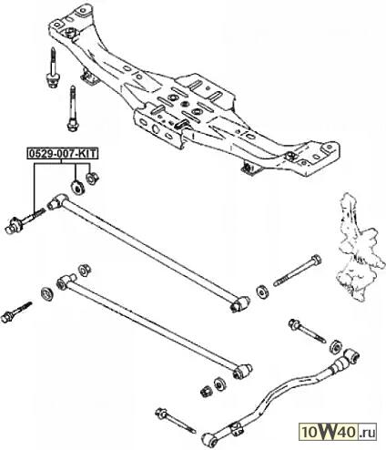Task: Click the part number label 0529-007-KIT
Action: click(63, 154)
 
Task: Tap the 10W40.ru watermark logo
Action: click(338, 432)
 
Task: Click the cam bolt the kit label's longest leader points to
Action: click(25, 220)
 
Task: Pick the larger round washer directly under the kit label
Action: click(77, 187)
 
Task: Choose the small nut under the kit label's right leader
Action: click(92, 179)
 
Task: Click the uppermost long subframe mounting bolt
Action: click(53, 68)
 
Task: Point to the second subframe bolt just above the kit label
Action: click(72, 108)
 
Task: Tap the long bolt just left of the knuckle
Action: click(298, 271)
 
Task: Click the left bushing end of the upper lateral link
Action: click(57, 201)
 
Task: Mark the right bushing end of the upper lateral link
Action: click(239, 303)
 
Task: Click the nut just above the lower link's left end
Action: click(85, 271)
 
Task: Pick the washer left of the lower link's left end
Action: click(47, 294)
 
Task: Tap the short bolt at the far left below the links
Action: click(16, 312)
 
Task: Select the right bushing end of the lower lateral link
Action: click(243, 371)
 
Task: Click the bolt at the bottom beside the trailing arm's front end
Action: click(176, 421)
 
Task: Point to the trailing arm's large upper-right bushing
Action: click(351, 356)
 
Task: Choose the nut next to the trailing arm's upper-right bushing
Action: click(336, 346)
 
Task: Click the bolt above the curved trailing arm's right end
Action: click(307, 331)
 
